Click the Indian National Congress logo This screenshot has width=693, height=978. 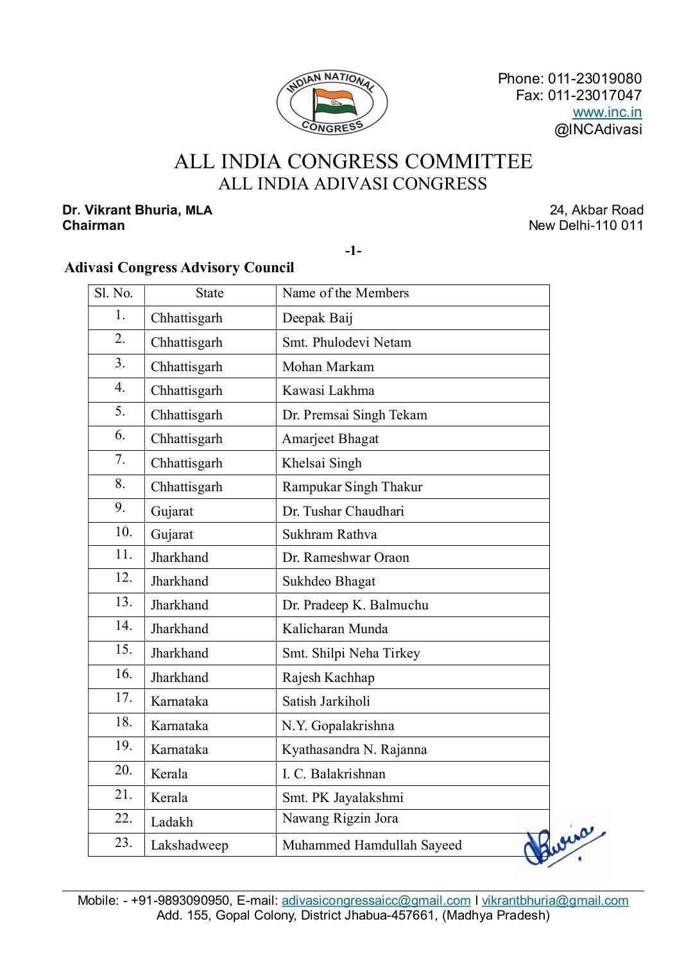tap(332, 103)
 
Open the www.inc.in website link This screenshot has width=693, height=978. tap(607, 112)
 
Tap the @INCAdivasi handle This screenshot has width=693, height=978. tap(598, 129)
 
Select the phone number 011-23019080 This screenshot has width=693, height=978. tap(594, 78)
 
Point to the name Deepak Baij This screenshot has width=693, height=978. tap(317, 318)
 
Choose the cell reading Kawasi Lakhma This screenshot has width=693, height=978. tap(328, 390)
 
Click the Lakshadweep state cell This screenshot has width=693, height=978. tap(189, 845)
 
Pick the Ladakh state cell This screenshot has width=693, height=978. tap(171, 822)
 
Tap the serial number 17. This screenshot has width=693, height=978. tap(124, 698)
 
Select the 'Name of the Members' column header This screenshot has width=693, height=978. tap(345, 293)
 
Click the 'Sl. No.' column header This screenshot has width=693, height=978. tap(114, 293)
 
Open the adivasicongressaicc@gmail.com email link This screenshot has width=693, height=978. tap(376, 900)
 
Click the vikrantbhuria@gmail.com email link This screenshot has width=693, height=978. tap(555, 900)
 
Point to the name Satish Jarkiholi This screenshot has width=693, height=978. tap(326, 701)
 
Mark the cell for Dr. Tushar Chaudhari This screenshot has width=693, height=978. tap(343, 511)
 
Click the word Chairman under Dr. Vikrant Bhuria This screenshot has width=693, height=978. tap(94, 225)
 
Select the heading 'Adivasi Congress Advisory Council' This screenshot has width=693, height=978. tap(179, 268)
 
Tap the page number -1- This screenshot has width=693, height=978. tap(353, 250)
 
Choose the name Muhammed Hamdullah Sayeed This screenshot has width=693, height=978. tap(372, 845)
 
